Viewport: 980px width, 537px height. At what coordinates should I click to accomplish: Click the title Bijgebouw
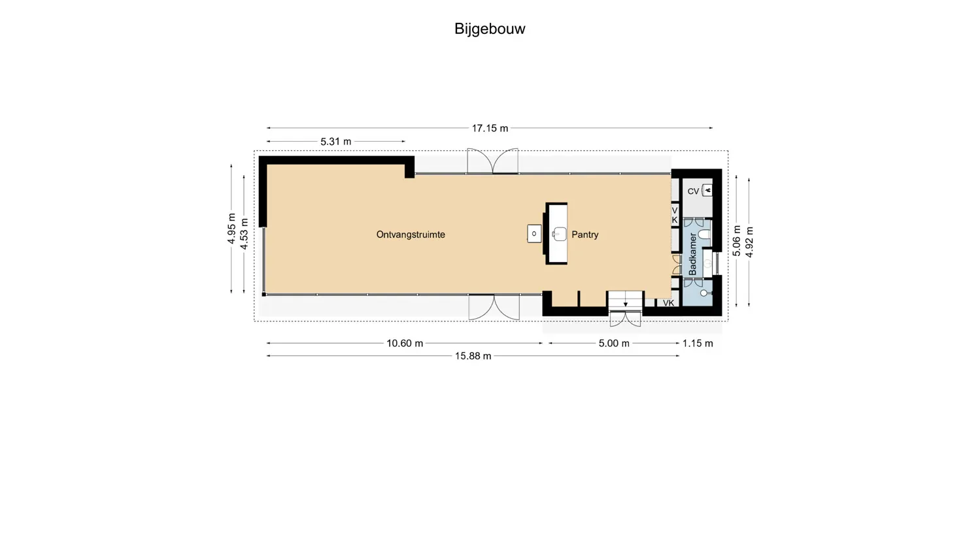[x=490, y=29]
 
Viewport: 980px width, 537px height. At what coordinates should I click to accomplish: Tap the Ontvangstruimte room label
[x=411, y=235]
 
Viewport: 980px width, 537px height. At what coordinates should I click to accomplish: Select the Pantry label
[x=584, y=235]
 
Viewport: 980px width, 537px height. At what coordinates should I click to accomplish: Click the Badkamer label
[x=693, y=254]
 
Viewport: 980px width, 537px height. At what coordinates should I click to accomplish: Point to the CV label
[x=693, y=191]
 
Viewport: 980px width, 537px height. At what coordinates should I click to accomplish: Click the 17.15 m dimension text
[x=490, y=128]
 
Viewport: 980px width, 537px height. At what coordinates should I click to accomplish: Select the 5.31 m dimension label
[x=335, y=141]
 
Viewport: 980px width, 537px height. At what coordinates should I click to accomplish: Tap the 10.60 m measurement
[x=405, y=343]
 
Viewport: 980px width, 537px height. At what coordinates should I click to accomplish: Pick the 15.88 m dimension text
[x=473, y=356]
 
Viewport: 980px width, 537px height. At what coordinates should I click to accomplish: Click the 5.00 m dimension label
[x=614, y=343]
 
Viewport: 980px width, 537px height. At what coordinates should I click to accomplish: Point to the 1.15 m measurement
[x=698, y=343]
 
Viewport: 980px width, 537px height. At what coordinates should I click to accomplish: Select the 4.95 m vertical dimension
[x=231, y=229]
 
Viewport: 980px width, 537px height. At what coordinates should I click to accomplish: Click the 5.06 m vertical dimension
[x=737, y=240]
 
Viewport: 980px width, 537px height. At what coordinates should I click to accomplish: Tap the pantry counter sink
[x=559, y=234]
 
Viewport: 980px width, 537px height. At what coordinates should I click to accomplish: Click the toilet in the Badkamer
[x=704, y=234]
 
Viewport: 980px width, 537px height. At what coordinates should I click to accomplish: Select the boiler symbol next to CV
[x=707, y=190]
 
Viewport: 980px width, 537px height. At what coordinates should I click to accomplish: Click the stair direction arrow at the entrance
[x=625, y=304]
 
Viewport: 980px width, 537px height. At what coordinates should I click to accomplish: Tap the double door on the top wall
[x=492, y=161]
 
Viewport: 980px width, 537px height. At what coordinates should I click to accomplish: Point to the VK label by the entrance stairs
[x=668, y=303]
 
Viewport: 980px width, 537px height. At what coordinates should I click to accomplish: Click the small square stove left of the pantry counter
[x=534, y=233]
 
